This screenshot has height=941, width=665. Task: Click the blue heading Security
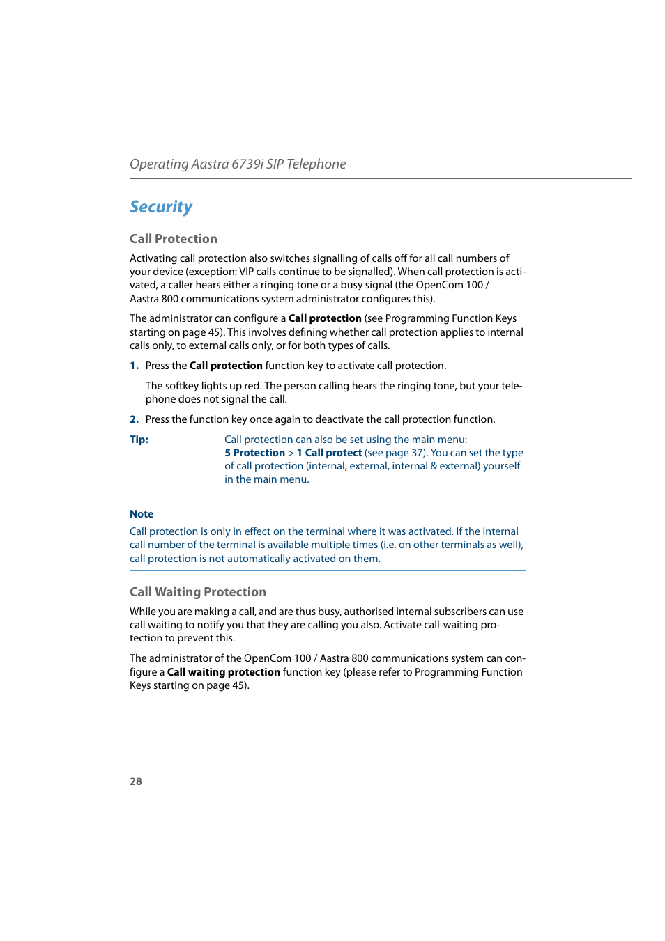tap(161, 207)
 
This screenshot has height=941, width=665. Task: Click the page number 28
tap(136, 781)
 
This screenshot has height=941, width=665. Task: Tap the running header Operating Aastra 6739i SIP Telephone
tap(238, 164)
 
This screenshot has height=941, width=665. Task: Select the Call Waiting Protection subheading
tap(198, 592)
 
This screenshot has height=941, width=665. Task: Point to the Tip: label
tap(139, 440)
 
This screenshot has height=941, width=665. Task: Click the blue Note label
tap(142, 514)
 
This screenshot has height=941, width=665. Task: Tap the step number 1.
tap(134, 366)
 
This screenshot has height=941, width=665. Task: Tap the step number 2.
tap(134, 419)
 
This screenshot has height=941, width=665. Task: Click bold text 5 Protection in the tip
tap(254, 453)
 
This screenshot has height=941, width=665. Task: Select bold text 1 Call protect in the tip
tap(329, 453)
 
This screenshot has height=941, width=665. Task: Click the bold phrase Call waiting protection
tap(224, 672)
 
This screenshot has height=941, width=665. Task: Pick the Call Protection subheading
tap(174, 239)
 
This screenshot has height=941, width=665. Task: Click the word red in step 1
tap(252, 386)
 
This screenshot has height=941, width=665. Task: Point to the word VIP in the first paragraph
tap(246, 272)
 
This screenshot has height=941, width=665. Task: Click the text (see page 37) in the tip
tap(395, 453)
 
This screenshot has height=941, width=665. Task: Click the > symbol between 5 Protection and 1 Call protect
tap(291, 453)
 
